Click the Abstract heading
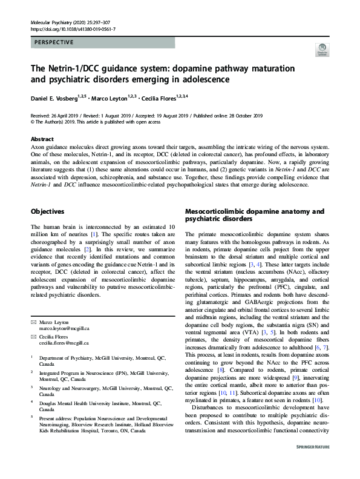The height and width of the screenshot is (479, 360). [41, 139]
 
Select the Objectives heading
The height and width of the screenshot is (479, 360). [48, 212]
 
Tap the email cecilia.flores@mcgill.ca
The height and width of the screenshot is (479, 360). [65, 342]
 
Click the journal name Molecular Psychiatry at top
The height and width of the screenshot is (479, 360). [54, 21]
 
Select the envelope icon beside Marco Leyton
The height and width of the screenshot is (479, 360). [33, 323]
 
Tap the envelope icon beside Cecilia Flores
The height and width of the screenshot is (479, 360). [33, 335]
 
